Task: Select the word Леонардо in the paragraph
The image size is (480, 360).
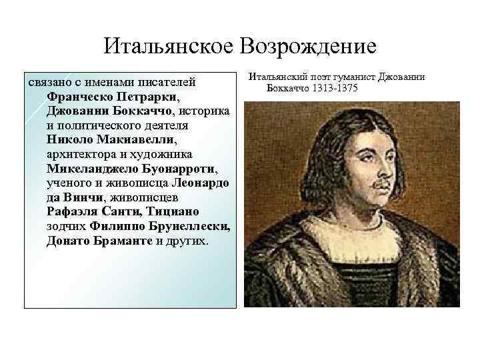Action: [x=201, y=183]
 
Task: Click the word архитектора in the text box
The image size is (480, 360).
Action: [x=79, y=153]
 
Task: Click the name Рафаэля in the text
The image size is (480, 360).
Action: [x=75, y=211]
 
